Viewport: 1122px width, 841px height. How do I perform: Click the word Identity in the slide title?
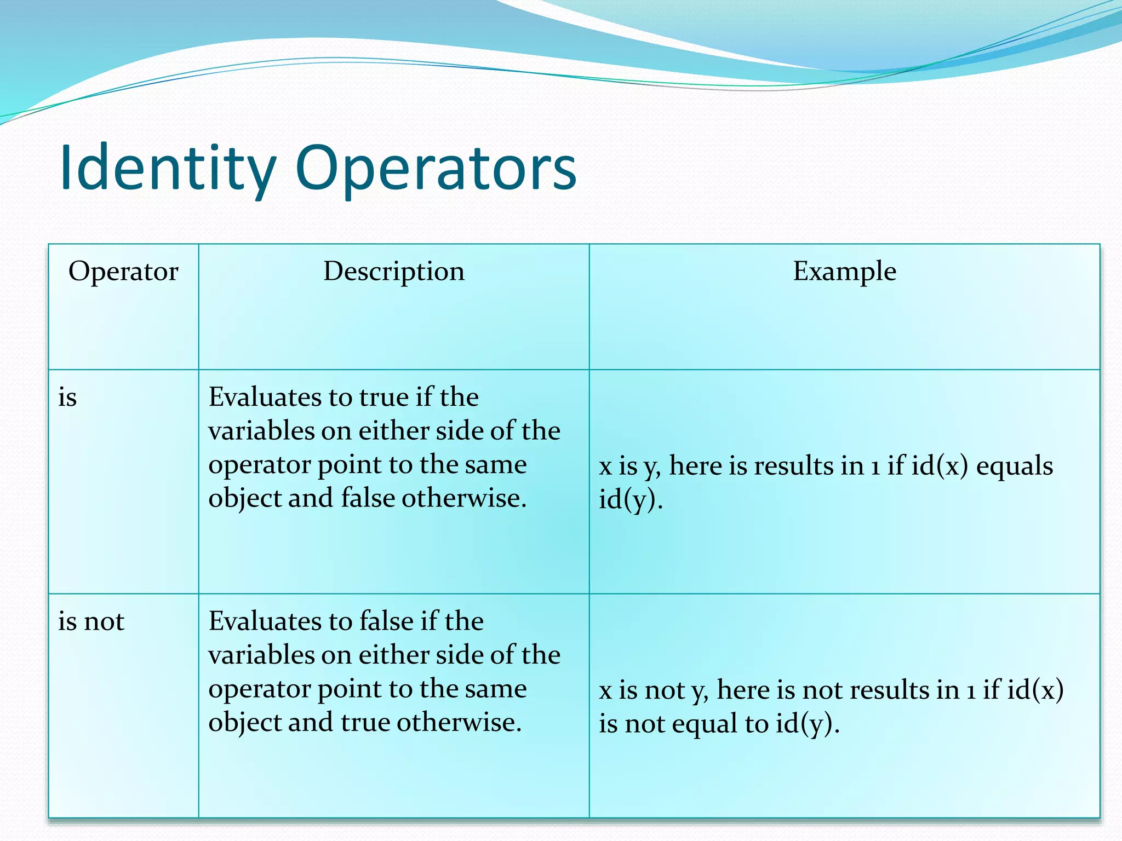tap(168, 169)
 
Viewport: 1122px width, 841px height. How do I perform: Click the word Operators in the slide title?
tap(436, 169)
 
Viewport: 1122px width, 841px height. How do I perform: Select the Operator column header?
tap(123, 272)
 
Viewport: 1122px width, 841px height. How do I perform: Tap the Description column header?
tap(393, 272)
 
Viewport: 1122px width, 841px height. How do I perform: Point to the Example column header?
tap(844, 272)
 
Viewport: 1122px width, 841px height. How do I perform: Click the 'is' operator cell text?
tap(67, 397)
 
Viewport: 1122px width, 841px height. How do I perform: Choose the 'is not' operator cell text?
tap(91, 621)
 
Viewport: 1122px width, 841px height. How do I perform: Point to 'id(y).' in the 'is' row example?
tap(631, 499)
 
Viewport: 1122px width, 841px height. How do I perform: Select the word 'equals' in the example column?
tap(1015, 466)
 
